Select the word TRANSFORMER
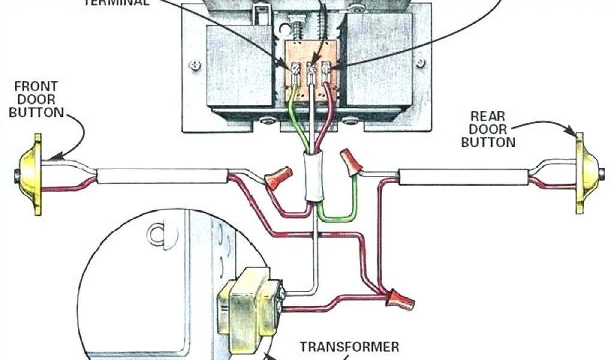[x=349, y=347]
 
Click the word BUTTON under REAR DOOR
[x=492, y=143]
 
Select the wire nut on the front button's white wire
[x=277, y=178]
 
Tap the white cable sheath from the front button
[x=162, y=176]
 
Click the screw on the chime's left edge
[x=194, y=63]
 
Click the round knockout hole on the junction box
[x=158, y=233]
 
